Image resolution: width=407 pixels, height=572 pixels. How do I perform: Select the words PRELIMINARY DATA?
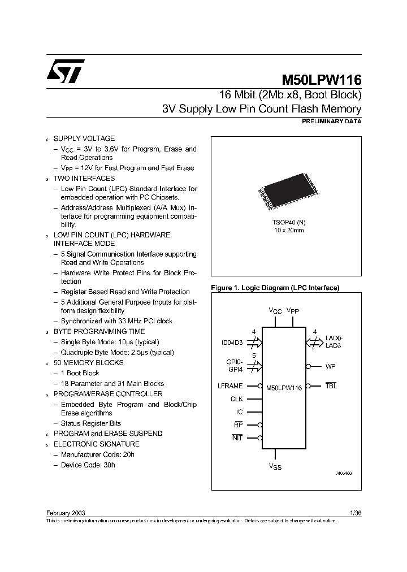tap(332, 121)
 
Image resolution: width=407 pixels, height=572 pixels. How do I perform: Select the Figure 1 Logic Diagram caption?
tap(275, 288)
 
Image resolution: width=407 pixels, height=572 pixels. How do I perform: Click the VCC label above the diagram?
tap(275, 311)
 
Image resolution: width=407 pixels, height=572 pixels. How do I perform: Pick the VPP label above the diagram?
tap(293, 311)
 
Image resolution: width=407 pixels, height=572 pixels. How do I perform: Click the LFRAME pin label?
tap(230, 386)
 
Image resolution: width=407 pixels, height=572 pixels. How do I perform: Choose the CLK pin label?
tap(236, 399)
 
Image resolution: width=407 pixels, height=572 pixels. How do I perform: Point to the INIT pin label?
tap(237, 438)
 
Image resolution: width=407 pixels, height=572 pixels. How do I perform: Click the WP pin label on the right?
tap(331, 366)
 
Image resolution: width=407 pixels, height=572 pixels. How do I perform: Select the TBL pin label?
tap(331, 386)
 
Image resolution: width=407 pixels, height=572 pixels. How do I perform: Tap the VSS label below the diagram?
tap(275, 466)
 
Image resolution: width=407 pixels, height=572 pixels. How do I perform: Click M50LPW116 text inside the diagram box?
tap(284, 388)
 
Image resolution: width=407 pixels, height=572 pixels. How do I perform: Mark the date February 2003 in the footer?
tap(66, 512)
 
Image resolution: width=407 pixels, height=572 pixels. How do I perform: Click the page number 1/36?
tap(356, 512)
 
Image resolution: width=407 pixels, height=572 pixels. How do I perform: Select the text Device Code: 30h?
tap(88, 465)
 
